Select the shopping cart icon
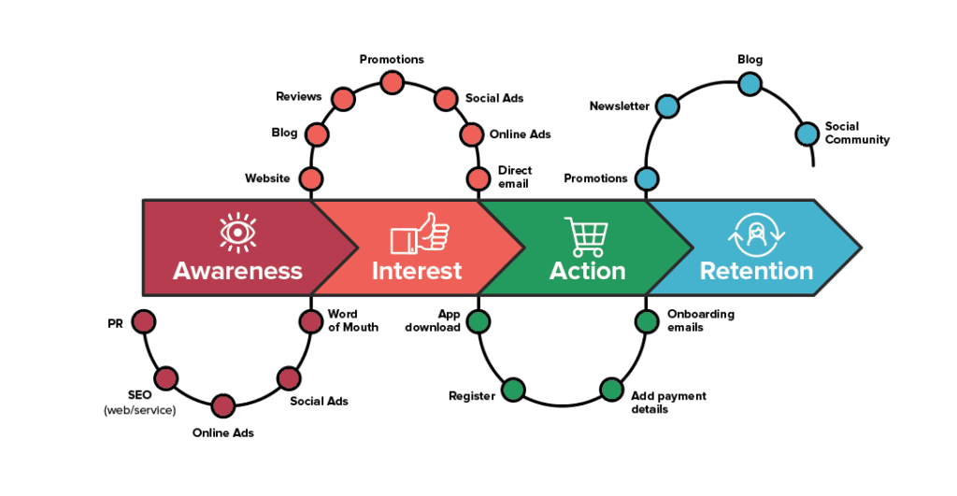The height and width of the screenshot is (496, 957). pos(586,236)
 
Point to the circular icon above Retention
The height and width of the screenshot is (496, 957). pos(756,235)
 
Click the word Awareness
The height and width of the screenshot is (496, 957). pos(237,271)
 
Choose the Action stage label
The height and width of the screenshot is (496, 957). pos(587,271)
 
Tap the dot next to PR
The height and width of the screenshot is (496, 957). pos(143,322)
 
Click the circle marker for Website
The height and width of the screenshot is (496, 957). pos(311,178)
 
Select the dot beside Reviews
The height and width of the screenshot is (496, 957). pos(343,98)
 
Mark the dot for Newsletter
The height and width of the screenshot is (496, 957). pos(666,106)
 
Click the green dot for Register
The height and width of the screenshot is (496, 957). pos(513,390)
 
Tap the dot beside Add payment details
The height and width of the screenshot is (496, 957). pos(611,390)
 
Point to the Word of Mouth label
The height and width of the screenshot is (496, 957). pos(353,320)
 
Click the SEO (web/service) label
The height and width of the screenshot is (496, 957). pos(139,403)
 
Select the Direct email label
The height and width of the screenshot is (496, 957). pos(515,177)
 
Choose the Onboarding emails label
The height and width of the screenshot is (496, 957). pos(700,320)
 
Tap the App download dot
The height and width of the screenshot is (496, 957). pos(478,322)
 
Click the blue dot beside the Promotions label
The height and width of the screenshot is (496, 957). pos(646,178)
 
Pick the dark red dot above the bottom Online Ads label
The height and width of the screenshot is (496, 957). pos(223,405)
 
